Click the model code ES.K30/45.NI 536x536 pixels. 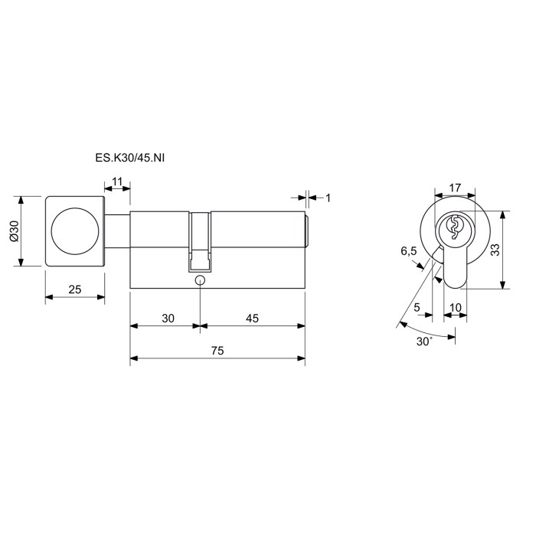click(x=129, y=159)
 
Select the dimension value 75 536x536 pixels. click(x=217, y=351)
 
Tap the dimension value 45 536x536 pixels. click(x=252, y=319)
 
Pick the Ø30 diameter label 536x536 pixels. click(x=14, y=231)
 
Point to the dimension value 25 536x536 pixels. click(x=75, y=289)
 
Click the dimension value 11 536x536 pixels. click(x=117, y=181)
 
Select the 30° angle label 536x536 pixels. click(x=424, y=342)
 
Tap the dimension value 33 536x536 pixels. click(x=495, y=250)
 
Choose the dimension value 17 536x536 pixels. click(x=455, y=188)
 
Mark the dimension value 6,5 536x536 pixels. click(x=409, y=251)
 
